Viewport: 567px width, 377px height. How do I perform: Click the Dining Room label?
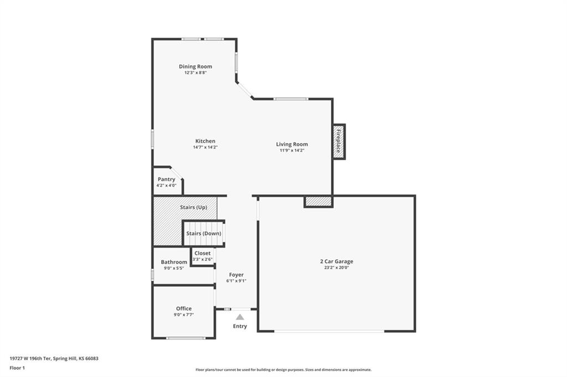(x=195, y=66)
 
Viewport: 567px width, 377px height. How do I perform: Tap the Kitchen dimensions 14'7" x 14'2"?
(x=205, y=148)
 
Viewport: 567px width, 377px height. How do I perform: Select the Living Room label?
(x=292, y=144)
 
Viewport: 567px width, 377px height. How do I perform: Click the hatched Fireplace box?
(x=339, y=142)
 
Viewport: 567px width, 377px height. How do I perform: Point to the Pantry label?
(x=166, y=179)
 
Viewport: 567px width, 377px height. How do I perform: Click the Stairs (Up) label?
(x=193, y=207)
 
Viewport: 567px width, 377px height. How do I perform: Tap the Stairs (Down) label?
(x=204, y=233)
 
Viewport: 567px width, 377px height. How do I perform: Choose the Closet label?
(x=203, y=253)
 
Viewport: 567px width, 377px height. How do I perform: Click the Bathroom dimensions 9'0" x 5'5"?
(x=174, y=268)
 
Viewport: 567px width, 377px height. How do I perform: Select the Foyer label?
(x=236, y=275)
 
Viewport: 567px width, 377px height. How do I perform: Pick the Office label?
(x=184, y=308)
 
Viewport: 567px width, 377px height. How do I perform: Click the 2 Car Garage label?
(x=337, y=261)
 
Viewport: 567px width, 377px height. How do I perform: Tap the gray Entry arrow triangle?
(x=240, y=317)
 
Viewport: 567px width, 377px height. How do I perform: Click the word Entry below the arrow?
(x=240, y=327)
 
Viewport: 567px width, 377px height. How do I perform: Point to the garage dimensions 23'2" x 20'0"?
(x=337, y=268)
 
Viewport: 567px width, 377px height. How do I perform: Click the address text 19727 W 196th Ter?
(x=30, y=359)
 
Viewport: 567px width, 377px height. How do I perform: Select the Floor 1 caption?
(x=17, y=368)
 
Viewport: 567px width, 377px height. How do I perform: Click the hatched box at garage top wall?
(x=318, y=202)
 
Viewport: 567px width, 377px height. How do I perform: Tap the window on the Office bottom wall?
(x=186, y=338)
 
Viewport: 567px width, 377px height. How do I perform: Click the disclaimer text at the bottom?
(x=283, y=370)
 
